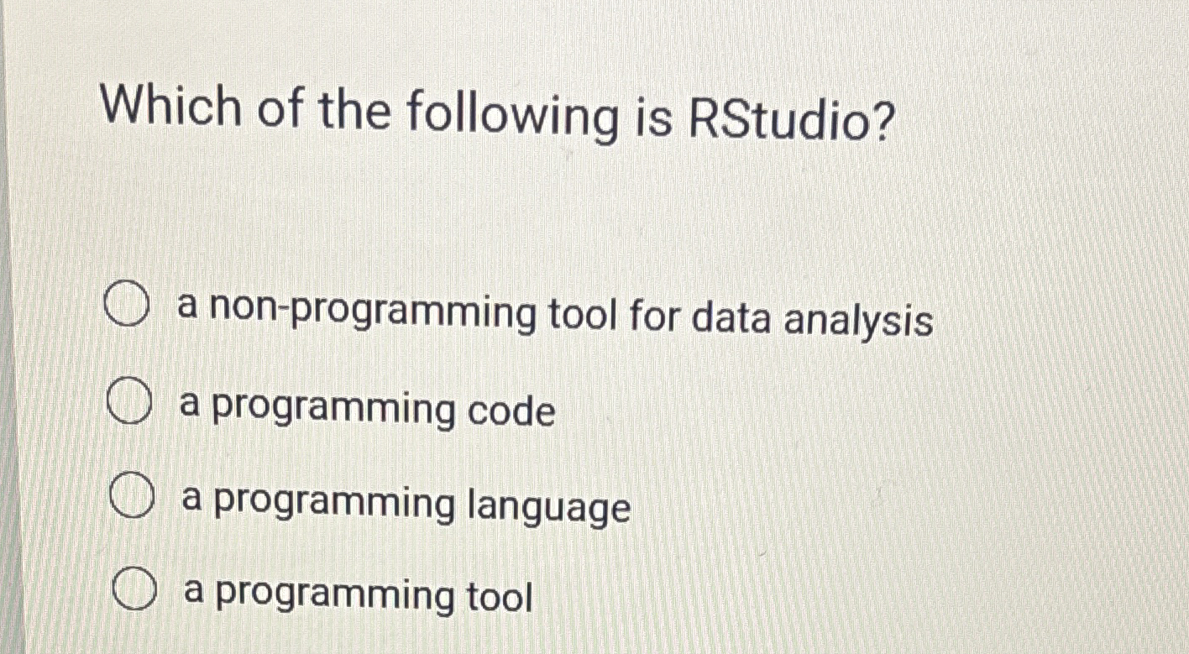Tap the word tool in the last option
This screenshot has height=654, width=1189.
pyautogui.click(x=499, y=597)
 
